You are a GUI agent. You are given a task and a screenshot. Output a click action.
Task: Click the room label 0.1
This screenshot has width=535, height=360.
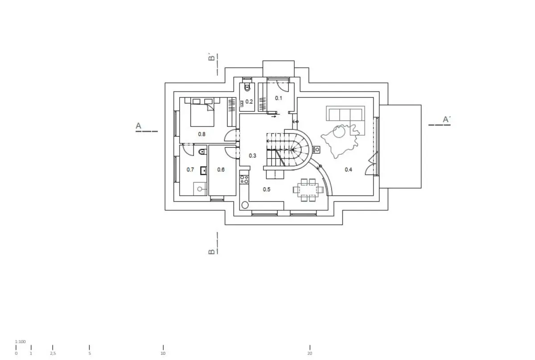(279, 98)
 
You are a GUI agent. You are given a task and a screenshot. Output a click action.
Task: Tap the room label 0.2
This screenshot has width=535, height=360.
(249, 102)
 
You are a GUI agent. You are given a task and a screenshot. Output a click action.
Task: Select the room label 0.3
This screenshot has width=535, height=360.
(252, 155)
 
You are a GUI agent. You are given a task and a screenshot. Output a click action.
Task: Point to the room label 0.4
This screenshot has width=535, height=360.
(349, 170)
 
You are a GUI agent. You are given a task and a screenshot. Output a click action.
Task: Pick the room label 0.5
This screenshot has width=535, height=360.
(267, 189)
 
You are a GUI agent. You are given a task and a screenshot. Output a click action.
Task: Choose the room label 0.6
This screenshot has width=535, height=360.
(221, 170)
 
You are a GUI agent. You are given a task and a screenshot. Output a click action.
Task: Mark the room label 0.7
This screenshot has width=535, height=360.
(190, 170)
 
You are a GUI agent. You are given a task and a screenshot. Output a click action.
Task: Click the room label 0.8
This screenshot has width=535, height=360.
(202, 134)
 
